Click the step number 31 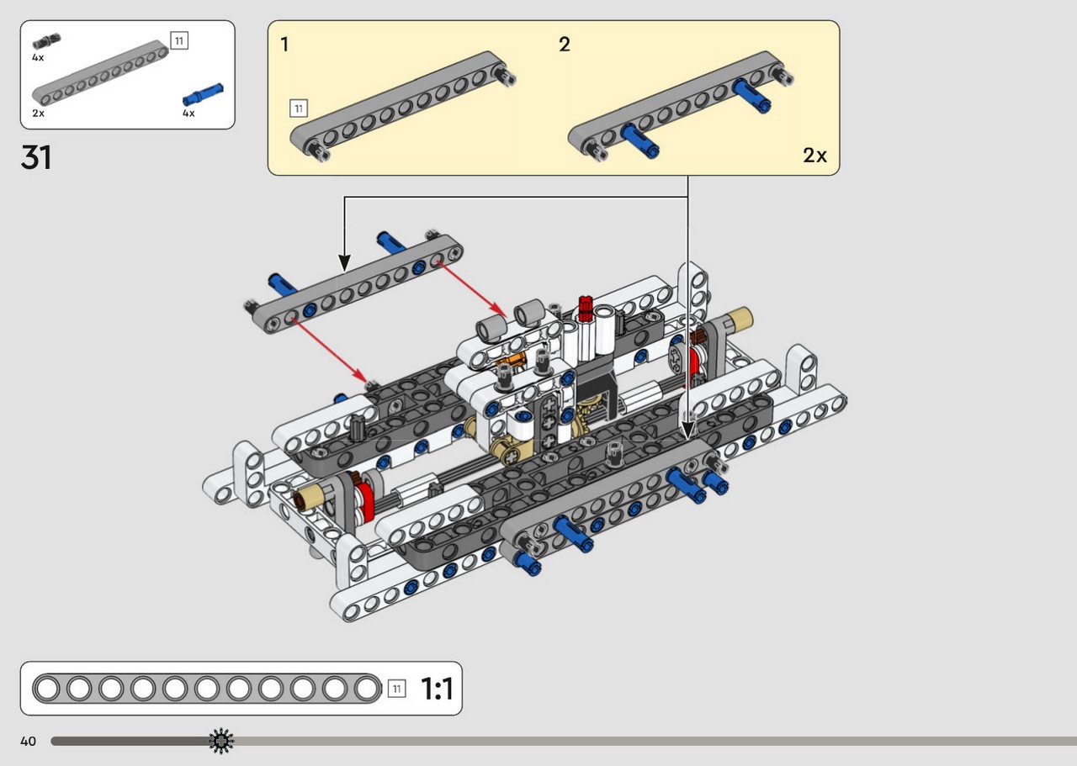[36, 157]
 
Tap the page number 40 [28, 741]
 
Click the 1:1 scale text [437, 688]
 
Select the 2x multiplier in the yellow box [814, 156]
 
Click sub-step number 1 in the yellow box [284, 45]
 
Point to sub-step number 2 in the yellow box [565, 45]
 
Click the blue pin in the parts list [203, 94]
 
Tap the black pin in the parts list [46, 41]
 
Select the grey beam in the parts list [100, 73]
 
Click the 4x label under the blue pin [188, 114]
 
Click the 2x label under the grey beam [39, 114]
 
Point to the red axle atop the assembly [585, 308]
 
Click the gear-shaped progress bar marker [221, 741]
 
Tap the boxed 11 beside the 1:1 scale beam [396, 689]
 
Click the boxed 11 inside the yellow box [299, 108]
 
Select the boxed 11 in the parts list [179, 40]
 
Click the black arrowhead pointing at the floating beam [344, 263]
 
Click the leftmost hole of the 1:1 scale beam [47, 688]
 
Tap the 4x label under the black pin [38, 58]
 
